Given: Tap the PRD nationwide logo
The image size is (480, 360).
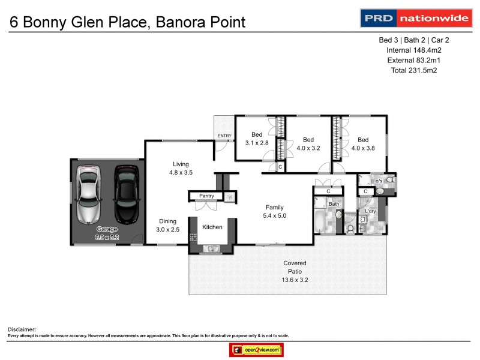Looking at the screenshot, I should click(x=415, y=18).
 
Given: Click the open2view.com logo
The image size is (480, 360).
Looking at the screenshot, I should click(x=256, y=350).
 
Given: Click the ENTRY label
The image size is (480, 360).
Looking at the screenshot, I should click(x=224, y=136).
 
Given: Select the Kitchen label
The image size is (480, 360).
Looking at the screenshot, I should click(x=212, y=227).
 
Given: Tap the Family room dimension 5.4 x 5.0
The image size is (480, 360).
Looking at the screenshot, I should click(x=275, y=216).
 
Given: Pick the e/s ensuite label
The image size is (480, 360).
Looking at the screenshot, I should click(x=379, y=180).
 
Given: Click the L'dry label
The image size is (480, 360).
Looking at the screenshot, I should click(x=370, y=211).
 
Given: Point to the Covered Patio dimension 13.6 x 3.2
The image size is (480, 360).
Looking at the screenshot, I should click(x=295, y=280).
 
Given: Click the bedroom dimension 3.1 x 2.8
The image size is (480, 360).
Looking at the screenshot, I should click(x=257, y=143).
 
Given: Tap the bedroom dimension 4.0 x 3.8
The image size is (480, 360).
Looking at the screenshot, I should click(x=362, y=148).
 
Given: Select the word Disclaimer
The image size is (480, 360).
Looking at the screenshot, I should click(x=22, y=329).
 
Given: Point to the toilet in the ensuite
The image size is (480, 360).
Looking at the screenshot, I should click(x=390, y=179).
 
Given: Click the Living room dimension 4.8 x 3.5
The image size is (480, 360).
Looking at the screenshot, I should click(x=181, y=173).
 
